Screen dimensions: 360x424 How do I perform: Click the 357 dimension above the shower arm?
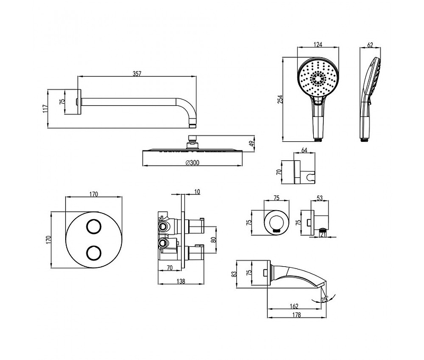point(136,75)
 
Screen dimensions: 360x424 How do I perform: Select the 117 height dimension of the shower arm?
point(46,108)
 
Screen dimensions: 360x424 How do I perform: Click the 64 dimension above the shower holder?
point(304,150)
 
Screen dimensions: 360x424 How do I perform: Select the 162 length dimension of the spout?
point(295,306)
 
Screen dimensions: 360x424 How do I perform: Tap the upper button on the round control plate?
point(94,226)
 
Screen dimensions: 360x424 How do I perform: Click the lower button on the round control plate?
point(94,253)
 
